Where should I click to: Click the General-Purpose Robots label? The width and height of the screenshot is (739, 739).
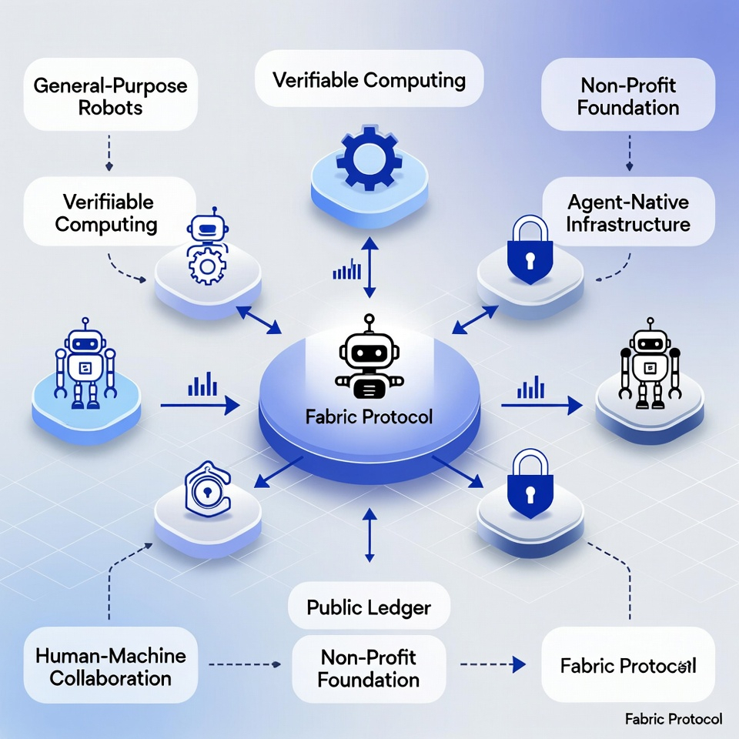(111, 95)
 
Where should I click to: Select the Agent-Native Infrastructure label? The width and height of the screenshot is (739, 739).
(628, 213)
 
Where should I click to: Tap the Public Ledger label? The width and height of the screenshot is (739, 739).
(369, 607)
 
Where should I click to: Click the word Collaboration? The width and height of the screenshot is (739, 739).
(111, 678)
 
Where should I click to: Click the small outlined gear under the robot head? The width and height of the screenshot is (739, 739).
(205, 266)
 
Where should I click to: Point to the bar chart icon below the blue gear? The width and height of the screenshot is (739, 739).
(347, 269)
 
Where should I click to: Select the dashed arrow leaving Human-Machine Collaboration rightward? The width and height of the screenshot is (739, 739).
(242, 663)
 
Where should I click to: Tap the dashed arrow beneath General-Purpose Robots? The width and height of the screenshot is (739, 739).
(109, 152)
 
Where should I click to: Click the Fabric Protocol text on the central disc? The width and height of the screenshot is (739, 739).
(370, 418)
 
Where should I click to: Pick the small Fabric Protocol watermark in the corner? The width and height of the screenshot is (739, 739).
(674, 719)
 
